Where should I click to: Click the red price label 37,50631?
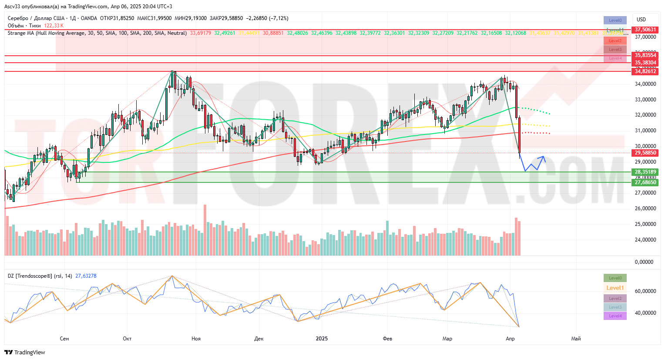[645, 30]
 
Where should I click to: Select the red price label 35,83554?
[645, 55]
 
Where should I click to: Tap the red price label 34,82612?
[645, 71]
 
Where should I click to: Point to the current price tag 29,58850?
[645, 153]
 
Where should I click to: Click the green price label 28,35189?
[645, 172]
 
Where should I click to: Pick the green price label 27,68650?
[645, 182]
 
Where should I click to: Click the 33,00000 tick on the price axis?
[645, 100]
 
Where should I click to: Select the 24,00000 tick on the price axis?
[645, 240]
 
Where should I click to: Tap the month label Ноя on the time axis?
[196, 339]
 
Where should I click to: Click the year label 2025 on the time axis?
[322, 339]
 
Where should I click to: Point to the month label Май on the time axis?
[576, 339]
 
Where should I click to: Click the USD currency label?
[641, 20]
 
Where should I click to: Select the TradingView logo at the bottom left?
[25, 352]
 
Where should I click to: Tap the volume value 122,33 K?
[54, 26]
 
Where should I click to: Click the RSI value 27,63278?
[86, 276]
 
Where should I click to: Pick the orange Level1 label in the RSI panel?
[615, 288]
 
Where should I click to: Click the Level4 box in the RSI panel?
[615, 316]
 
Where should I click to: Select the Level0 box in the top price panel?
[615, 20]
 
